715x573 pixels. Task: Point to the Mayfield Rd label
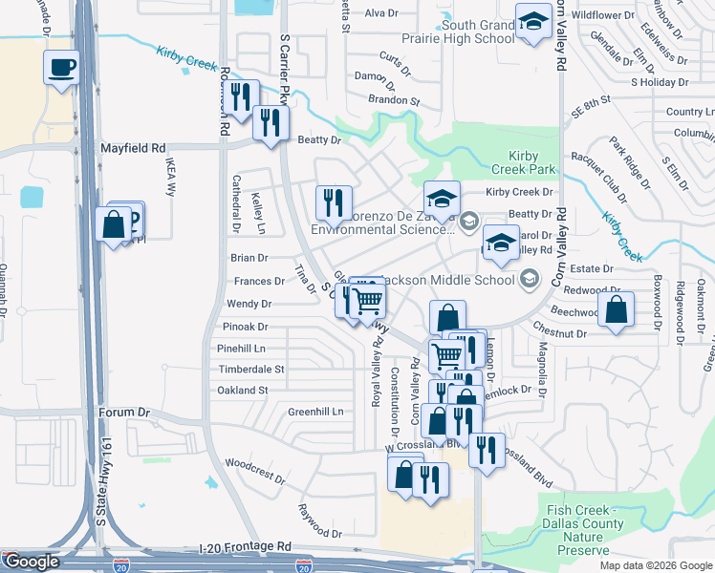pos(133,149)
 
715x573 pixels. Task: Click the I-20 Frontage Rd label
pos(246,546)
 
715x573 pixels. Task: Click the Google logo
pos(32,562)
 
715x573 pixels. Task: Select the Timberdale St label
pos(251,369)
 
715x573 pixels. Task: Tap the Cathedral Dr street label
pos(236,203)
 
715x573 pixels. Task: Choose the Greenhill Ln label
pos(315,412)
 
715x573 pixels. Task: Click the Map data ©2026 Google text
pos(655,565)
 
